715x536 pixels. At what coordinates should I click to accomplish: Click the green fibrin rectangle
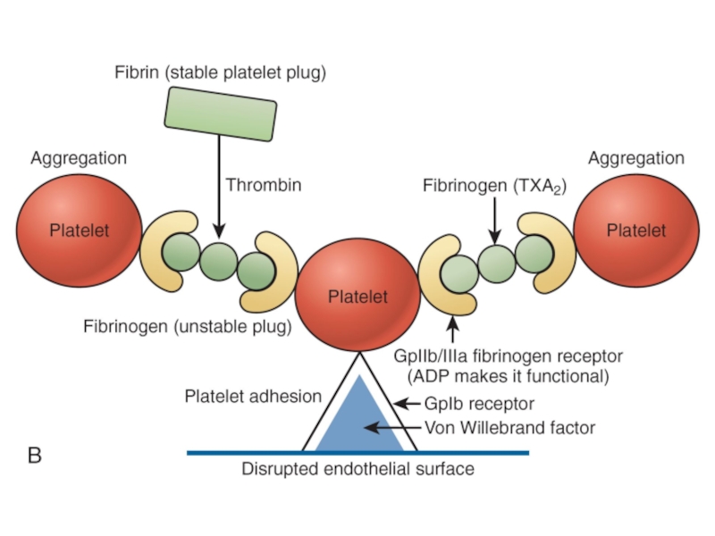[220, 113]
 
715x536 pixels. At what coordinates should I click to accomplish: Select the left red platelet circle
[79, 230]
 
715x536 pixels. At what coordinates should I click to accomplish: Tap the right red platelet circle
[636, 230]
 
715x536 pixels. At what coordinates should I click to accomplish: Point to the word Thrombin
[264, 186]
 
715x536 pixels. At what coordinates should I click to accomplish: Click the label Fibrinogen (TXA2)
[494, 187]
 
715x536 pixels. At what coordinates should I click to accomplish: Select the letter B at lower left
[35, 456]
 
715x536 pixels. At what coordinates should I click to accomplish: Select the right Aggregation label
[635, 158]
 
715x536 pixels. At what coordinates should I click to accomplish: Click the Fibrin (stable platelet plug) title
[220, 72]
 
